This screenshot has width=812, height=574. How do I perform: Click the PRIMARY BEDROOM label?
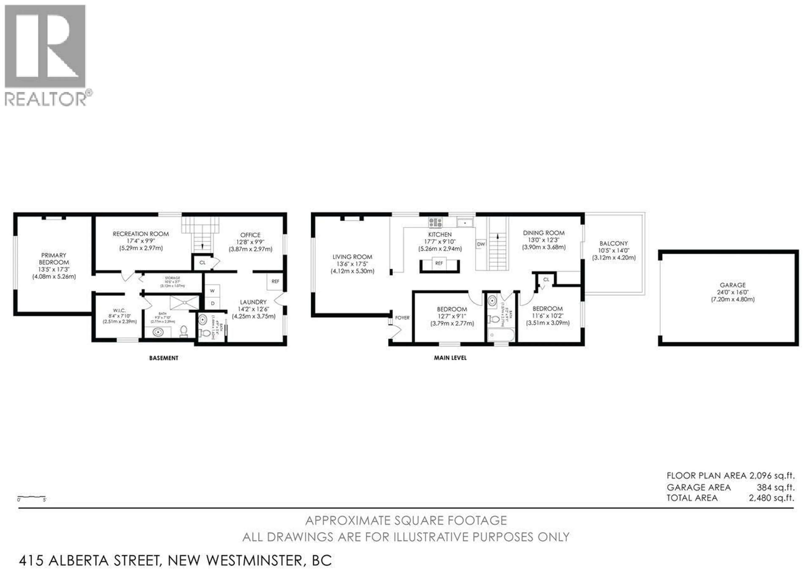(54, 259)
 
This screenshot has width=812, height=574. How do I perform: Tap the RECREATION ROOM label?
(141, 234)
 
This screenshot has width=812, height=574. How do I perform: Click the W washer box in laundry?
(213, 291)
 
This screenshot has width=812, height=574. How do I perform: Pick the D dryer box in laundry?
(213, 303)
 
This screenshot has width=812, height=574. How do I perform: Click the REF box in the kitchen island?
(439, 263)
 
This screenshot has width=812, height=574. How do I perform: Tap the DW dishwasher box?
(481, 244)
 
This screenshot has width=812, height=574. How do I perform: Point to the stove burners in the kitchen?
(435, 222)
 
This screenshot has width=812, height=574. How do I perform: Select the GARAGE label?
(732, 285)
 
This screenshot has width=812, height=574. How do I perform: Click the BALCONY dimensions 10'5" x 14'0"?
(614, 250)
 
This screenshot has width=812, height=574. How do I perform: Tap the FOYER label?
(402, 318)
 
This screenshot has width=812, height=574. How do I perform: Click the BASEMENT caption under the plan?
(163, 358)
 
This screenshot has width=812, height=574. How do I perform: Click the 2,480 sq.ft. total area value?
(771, 498)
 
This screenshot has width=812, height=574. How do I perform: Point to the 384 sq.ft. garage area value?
(776, 487)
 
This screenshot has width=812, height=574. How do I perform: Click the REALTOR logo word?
(45, 99)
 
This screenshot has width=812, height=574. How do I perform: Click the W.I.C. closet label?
(119, 311)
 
